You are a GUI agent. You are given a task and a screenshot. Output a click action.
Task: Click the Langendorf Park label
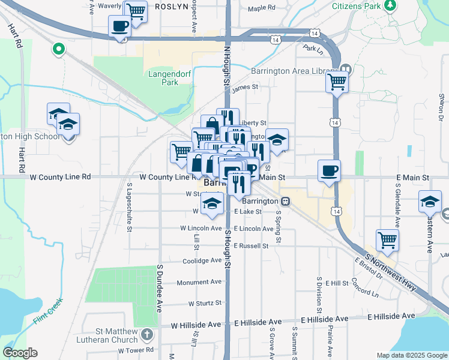163,78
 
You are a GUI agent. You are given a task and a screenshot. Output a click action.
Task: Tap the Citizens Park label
357,5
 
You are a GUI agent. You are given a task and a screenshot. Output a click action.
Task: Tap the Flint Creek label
48,312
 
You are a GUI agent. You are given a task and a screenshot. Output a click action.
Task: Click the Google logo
20,353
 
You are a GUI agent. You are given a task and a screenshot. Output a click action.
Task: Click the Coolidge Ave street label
202,260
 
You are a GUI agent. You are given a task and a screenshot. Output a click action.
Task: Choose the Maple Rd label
261,8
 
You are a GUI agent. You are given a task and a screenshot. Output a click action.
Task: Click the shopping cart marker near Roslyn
136,11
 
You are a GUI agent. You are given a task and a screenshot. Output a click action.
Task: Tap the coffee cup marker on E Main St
329,170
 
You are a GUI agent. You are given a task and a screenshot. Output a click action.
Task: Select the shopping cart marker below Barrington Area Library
337,80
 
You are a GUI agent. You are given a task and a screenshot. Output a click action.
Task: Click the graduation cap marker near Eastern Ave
430,202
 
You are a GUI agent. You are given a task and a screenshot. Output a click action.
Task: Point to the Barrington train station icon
286,201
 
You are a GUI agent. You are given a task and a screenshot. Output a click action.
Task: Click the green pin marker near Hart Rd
59,49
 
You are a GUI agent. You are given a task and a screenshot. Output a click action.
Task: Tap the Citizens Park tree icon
391,5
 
